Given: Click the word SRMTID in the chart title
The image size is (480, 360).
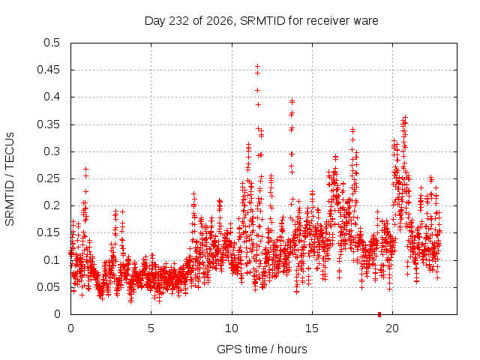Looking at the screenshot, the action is (x=262, y=21).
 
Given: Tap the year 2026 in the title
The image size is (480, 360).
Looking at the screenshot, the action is (x=220, y=21).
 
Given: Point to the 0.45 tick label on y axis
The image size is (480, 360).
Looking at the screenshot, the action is (x=48, y=70).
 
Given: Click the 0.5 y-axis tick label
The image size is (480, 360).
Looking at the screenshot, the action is (x=52, y=43).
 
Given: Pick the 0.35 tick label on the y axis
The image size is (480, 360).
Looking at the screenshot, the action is (x=48, y=124).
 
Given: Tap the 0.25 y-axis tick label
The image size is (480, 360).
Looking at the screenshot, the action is (x=48, y=178).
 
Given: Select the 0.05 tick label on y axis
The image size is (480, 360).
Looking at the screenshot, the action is (x=48, y=287).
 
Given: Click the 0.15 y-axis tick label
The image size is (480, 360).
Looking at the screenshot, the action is (x=48, y=232).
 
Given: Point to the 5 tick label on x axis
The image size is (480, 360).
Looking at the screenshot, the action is (x=151, y=328).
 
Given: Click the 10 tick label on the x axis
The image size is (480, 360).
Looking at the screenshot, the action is (x=232, y=328).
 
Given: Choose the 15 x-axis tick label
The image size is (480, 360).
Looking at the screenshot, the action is (x=312, y=328).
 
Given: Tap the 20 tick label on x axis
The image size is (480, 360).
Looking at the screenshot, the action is (x=392, y=328).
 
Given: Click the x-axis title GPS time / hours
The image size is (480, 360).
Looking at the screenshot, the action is (x=262, y=349).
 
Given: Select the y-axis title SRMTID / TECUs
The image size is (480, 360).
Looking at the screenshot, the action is (x=10, y=179).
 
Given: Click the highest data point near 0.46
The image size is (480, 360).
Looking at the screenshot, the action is (x=258, y=67).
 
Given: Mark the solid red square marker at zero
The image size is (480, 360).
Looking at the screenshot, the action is (x=379, y=314).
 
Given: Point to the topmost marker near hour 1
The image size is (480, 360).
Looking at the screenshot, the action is (x=86, y=169).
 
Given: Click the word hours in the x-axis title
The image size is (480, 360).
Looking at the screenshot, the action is (x=292, y=349).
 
